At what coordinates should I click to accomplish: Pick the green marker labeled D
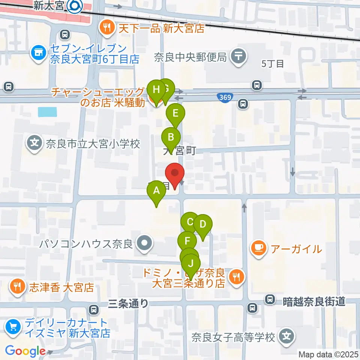203,225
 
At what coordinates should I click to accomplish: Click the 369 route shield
224,97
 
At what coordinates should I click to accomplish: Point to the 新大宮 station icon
75,6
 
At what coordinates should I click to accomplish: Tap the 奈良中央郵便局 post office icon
238,57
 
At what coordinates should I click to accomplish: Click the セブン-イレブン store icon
37,52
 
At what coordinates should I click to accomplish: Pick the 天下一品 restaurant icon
107,27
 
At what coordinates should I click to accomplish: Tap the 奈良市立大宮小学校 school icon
34,143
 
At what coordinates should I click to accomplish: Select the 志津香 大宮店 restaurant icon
17,287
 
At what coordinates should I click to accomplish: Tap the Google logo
25,351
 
